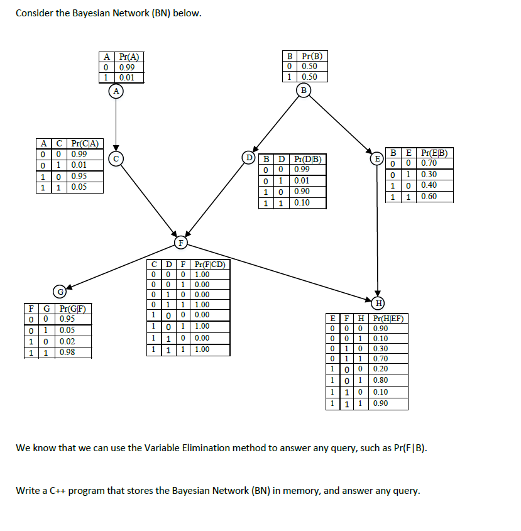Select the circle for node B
[x=305, y=90]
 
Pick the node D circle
[x=250, y=156]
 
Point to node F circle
[x=181, y=241]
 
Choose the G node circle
[x=60, y=292]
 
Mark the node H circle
[x=378, y=304]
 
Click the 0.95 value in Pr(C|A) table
[x=79, y=176]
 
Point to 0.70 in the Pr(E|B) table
[x=429, y=163]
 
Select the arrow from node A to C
[x=116, y=123]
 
